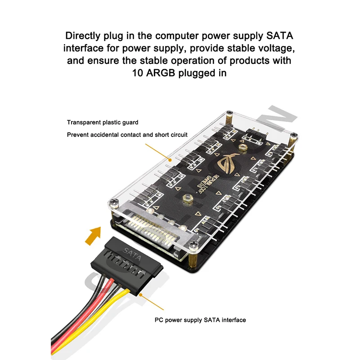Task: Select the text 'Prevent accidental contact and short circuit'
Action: tap(127, 135)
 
